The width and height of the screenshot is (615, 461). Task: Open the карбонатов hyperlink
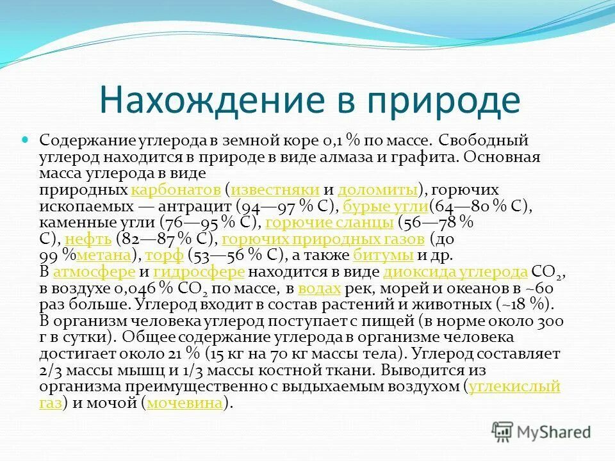176,190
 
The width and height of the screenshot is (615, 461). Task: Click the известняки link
275,190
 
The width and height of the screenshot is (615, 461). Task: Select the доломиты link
377,190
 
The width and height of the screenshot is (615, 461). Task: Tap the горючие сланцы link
329,223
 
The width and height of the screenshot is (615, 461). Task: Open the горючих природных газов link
322,239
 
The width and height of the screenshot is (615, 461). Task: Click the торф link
165,255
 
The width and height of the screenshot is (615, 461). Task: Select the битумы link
383,255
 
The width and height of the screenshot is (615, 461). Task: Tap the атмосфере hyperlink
94,271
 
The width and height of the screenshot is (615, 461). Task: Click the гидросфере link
199,271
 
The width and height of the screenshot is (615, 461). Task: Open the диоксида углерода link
455,271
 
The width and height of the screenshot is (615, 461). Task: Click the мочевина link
185,403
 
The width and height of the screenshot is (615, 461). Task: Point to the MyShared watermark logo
541,431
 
